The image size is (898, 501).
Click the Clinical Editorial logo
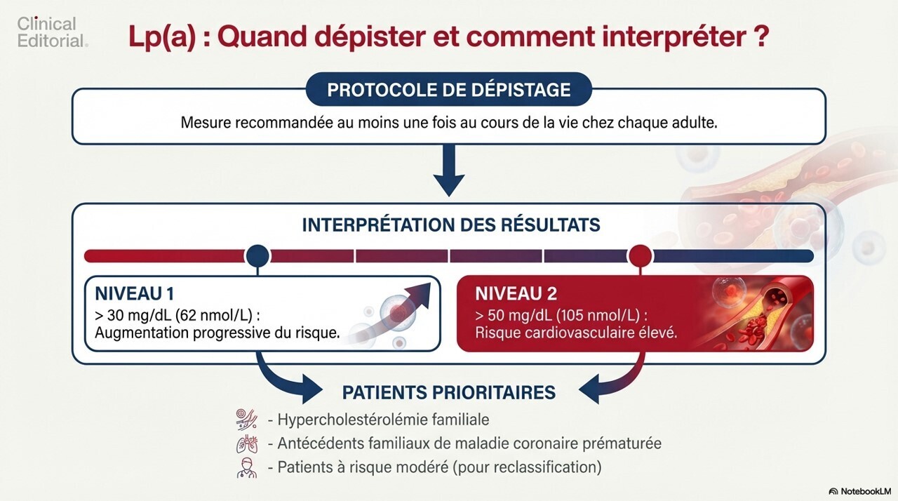coord(52,32)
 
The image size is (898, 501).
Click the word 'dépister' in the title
coord(320,37)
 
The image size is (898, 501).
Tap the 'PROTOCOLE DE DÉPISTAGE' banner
coord(448,89)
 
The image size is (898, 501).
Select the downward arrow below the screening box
coord(449,171)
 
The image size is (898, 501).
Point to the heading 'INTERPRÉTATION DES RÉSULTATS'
coord(451,225)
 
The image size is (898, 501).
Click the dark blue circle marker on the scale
coord(257,255)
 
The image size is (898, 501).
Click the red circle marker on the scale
coord(641,255)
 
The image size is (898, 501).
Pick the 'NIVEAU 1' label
coord(135,294)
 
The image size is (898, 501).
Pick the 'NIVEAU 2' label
coord(516,294)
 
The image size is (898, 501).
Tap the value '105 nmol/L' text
coord(598,316)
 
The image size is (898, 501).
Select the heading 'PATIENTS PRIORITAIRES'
coord(449,393)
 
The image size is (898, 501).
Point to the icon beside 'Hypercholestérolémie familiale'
coord(246,419)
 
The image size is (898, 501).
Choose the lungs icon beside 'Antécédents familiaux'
coord(246,443)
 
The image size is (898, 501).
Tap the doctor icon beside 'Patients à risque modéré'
coord(246,468)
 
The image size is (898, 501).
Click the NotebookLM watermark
coord(859,491)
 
